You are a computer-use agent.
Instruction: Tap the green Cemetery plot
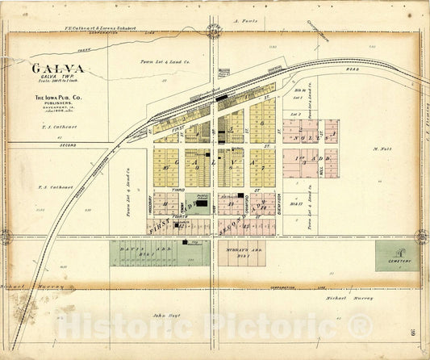tap(396, 255)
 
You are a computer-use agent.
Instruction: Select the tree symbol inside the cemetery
tap(396, 252)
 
